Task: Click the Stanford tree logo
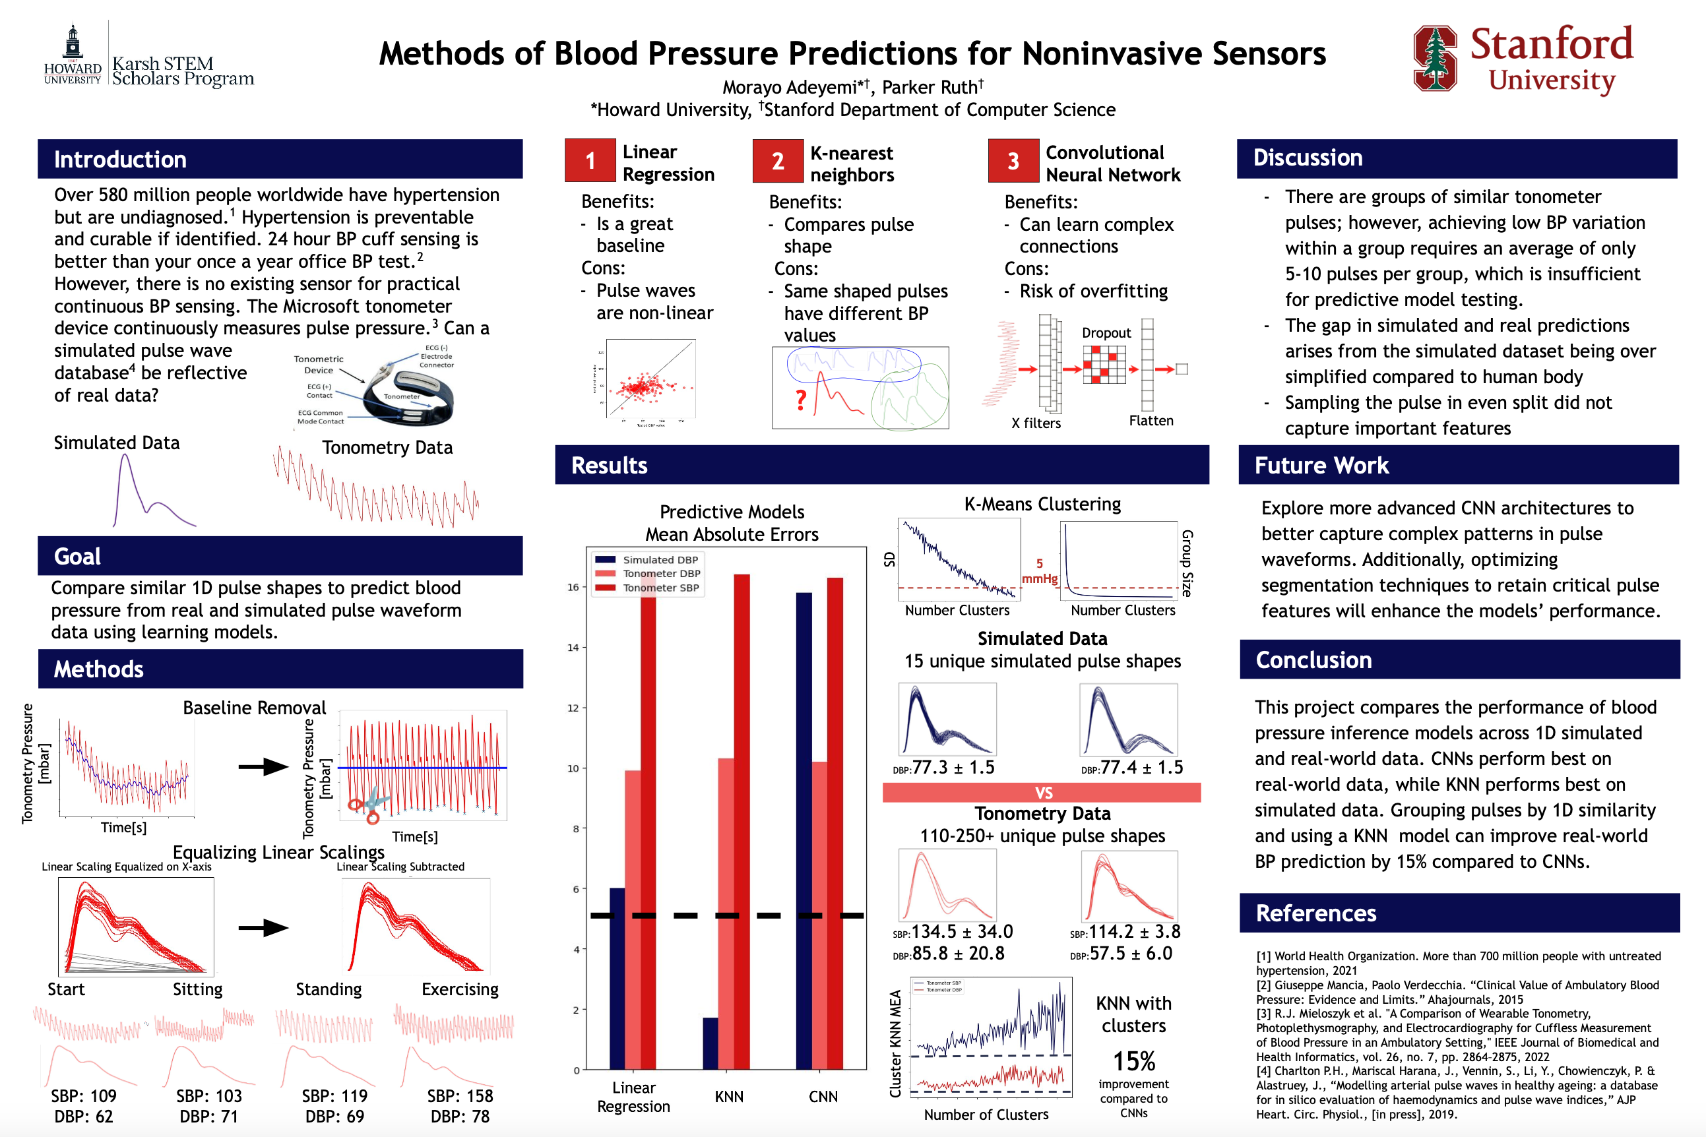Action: tap(1434, 58)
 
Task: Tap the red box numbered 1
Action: tap(590, 160)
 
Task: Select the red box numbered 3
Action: tap(1013, 161)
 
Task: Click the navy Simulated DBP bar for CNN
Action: tap(804, 830)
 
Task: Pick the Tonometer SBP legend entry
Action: tap(660, 588)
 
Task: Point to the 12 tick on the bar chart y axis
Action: tap(573, 708)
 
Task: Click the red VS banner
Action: tap(1042, 793)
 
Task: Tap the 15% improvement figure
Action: tap(1134, 1062)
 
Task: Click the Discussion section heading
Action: tap(1307, 158)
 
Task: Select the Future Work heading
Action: tap(1321, 466)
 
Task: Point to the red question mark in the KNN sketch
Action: tap(801, 399)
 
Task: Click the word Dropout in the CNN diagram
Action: tap(1106, 333)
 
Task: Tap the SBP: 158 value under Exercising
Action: tap(460, 1095)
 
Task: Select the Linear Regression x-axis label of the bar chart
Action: tap(633, 1096)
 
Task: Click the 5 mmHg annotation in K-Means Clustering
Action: tap(1040, 570)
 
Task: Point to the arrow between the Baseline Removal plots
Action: tap(263, 766)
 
